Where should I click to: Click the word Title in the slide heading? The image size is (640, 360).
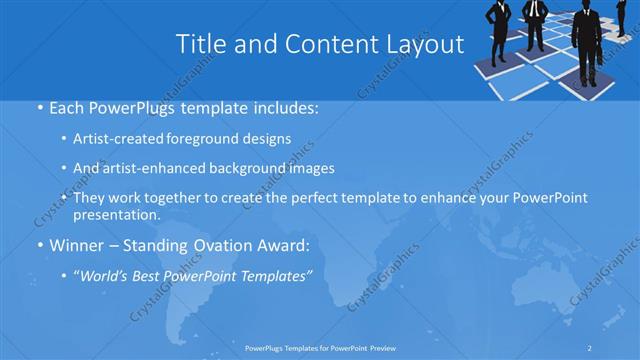[198, 45]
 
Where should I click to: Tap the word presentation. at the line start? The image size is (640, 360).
[116, 214]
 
